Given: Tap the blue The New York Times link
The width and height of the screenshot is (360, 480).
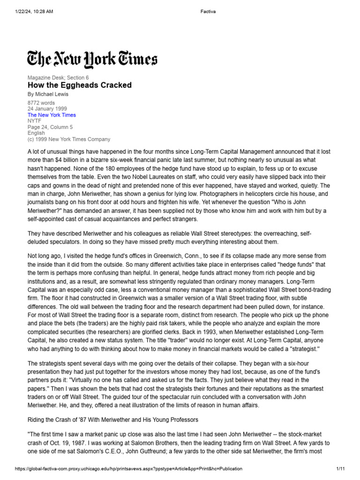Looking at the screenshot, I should [x=52, y=115].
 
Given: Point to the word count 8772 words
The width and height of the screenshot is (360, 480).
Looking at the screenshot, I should [x=41, y=103].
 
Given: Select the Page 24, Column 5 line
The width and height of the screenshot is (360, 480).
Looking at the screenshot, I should [x=50, y=127].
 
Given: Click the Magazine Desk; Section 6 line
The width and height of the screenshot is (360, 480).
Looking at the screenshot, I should [x=58, y=78].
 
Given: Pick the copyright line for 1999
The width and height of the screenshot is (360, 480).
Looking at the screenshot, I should [x=69, y=139].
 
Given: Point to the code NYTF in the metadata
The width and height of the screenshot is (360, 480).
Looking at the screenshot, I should [x=35, y=121].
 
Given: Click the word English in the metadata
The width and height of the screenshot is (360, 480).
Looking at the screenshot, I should [x=37, y=133].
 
